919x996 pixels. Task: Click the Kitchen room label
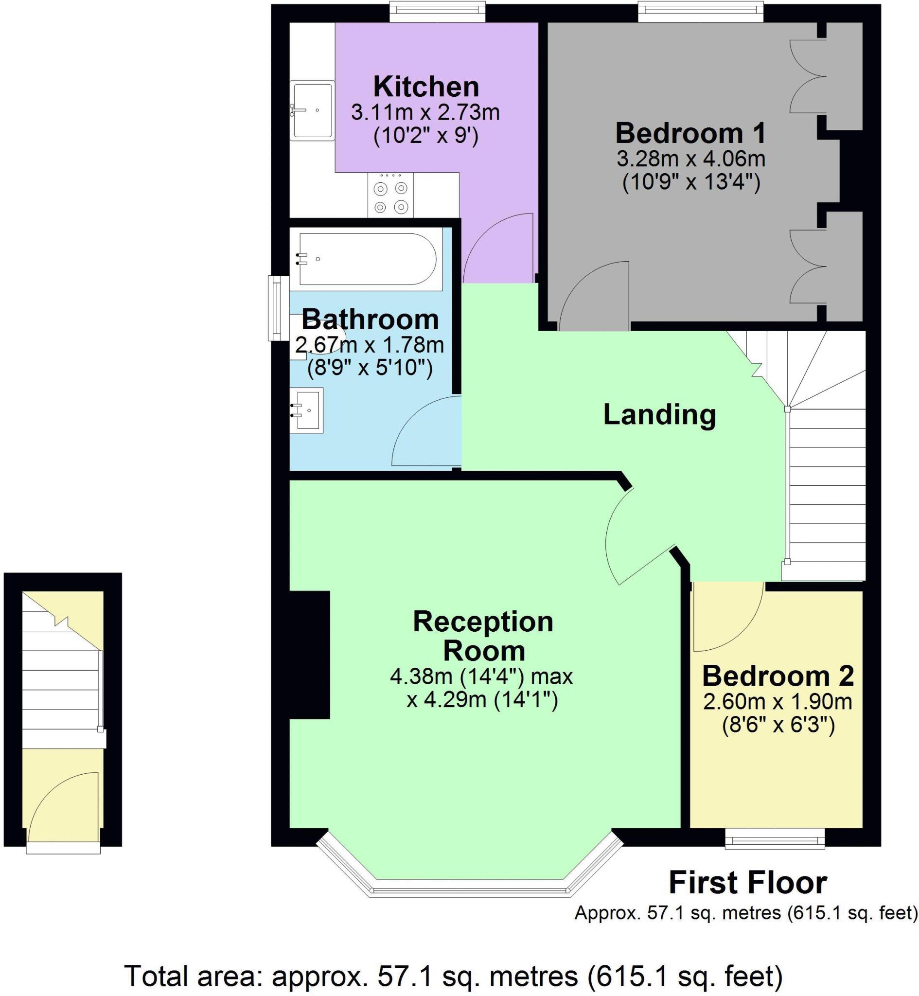coord(426,87)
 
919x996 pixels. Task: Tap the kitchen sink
coord(313,110)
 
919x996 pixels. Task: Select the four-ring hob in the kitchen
coord(391,195)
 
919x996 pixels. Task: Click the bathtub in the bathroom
coord(367,259)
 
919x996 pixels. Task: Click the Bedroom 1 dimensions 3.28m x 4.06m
coord(691,159)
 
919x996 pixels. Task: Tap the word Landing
coord(659,415)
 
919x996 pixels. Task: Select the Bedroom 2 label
coord(778,676)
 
